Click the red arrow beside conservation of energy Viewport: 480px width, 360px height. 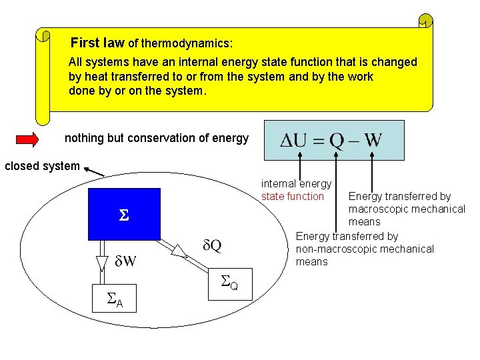pos(27,139)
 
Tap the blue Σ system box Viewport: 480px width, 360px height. pos(124,214)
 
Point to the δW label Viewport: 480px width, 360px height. pos(125,261)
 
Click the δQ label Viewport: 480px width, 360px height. pos(212,246)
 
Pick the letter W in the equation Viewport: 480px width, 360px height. pos(373,141)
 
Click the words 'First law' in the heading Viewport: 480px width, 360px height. pos(97,43)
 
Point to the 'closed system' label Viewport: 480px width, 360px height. pos(42,166)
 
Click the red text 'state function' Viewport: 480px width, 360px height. pos(293,196)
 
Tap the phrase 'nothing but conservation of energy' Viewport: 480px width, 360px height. pos(156,139)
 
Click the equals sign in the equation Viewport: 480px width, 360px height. pos(319,141)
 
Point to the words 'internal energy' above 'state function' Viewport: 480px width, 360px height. pos(296,183)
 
